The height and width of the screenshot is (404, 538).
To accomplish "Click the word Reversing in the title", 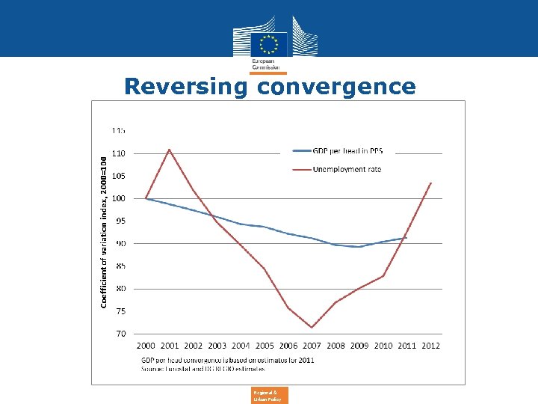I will point(186,86).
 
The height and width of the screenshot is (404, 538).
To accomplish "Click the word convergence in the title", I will point(336,86).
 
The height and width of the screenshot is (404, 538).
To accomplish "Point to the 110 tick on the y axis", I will point(119,153).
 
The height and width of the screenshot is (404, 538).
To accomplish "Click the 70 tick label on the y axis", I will point(120,334).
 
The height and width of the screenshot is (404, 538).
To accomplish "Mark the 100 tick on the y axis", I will point(119,198).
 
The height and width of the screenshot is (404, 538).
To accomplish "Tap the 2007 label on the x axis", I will point(312,346).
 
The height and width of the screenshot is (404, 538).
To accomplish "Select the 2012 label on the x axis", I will point(430,346).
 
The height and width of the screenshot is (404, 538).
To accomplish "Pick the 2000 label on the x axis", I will point(146,346).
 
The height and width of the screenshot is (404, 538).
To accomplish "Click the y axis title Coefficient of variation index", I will point(104,232).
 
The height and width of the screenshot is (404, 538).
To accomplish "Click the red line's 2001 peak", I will point(170,150).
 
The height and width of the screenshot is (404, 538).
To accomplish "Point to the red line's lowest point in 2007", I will point(312,328).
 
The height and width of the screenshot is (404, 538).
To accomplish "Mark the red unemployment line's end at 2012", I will point(431,183).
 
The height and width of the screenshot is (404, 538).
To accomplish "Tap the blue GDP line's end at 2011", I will point(406,238).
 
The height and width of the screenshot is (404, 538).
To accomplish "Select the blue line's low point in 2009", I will point(359,247).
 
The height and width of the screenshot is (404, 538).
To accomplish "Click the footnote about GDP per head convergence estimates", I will point(228,360).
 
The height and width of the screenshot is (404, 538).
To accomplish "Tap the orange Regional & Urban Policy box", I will point(269,395).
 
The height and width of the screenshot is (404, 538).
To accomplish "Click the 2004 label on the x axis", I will point(241,346).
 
